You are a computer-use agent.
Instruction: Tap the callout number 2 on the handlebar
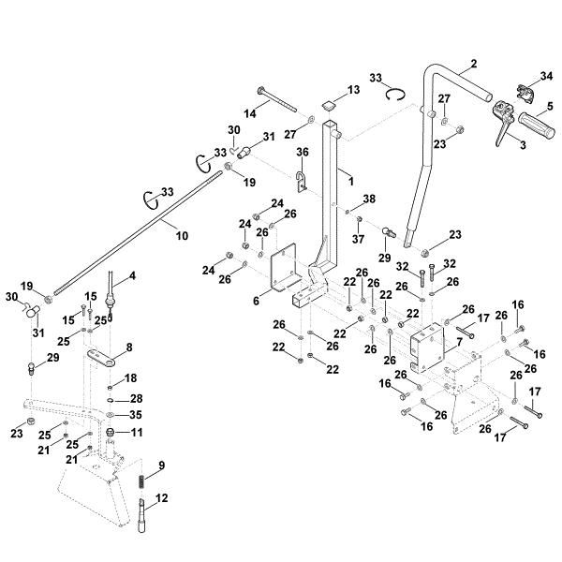(473, 64)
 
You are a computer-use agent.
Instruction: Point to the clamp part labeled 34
(525, 94)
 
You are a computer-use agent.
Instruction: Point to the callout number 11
(137, 432)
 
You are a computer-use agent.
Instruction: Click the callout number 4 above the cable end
(131, 275)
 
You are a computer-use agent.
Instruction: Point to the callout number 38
(369, 198)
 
